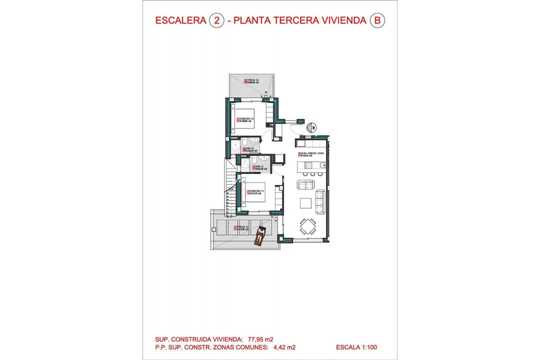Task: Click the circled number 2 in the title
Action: (216, 20)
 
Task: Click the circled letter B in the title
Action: (377, 20)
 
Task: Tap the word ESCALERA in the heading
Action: (180, 20)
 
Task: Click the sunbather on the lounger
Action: (260, 235)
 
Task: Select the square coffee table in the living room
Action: (306, 203)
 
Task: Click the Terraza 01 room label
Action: (242, 228)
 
